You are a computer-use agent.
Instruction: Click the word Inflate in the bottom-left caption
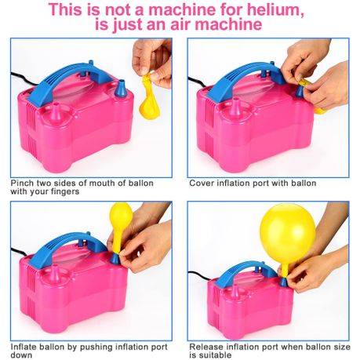coord(25,346)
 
